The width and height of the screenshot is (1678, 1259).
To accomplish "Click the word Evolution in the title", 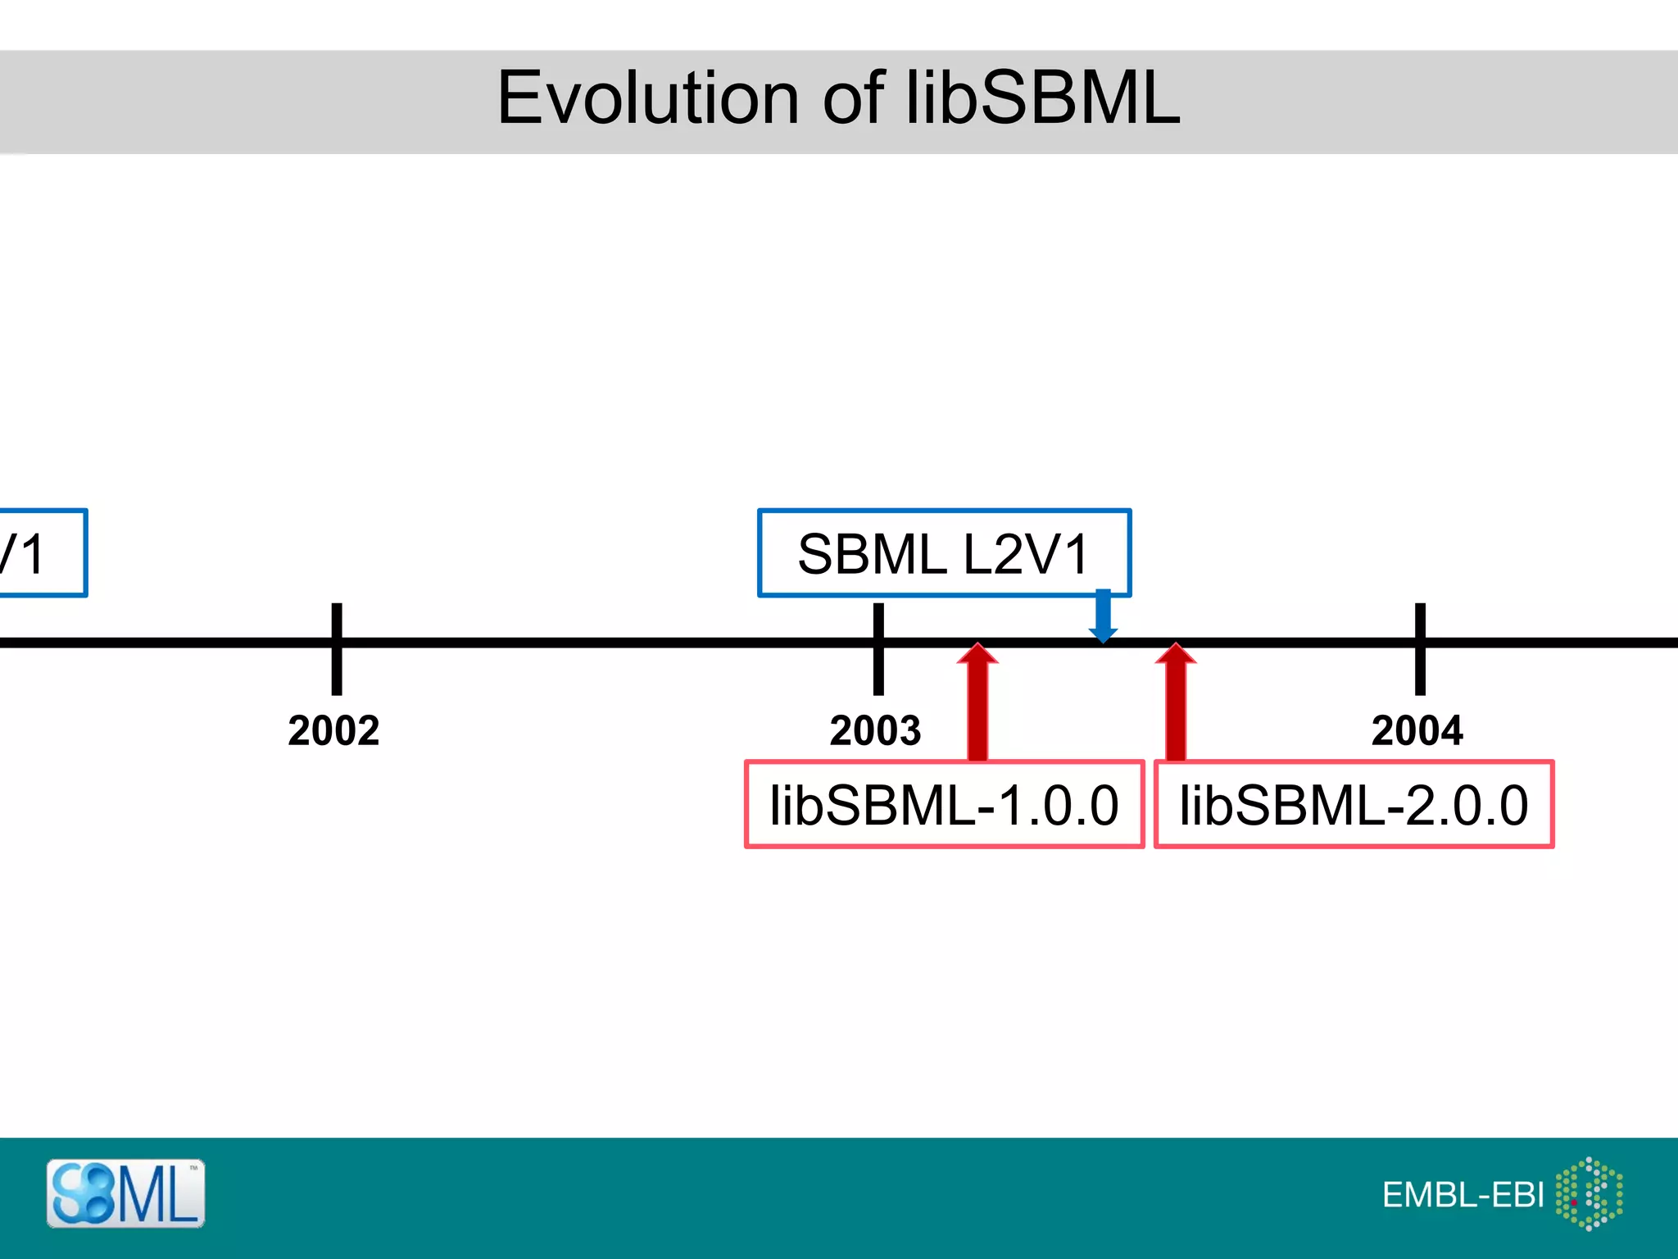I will click(647, 98).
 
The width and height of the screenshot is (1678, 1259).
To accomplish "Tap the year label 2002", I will click(333, 730).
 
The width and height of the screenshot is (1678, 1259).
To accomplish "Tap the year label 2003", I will click(875, 730).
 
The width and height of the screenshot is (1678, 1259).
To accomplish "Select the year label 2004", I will click(1417, 730).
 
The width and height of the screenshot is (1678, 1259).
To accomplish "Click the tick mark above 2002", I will click(337, 648).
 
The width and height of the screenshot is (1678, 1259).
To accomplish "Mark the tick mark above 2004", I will click(1420, 648).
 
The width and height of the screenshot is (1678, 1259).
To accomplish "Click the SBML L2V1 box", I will click(944, 553).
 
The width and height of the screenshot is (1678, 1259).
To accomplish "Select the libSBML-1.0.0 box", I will click(944, 804).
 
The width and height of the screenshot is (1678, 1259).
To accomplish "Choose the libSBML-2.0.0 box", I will click(1354, 804).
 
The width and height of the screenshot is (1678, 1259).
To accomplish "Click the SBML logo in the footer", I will click(125, 1193).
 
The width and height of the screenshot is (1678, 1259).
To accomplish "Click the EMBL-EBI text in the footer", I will click(1463, 1195).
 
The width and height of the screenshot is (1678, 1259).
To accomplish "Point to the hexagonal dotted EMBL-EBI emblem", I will click(1589, 1193).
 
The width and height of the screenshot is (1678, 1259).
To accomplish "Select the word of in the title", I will click(852, 98).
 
